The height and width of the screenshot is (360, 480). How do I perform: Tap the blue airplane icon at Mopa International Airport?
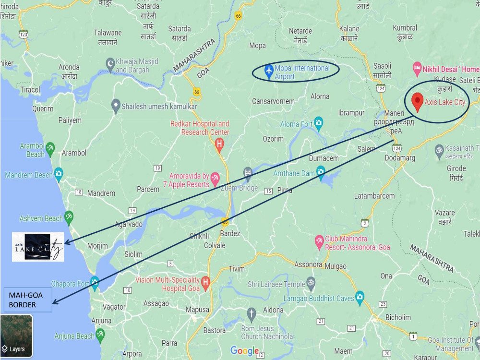pos(268,70)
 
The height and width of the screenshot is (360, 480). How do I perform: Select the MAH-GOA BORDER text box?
pos(28,300)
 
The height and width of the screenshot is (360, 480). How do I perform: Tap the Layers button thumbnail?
pos(16,336)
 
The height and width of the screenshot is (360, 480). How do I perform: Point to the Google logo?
pos(244,351)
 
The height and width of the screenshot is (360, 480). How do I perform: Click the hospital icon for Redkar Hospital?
pos(219,144)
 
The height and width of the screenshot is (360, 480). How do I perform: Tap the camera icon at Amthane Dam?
pos(320,171)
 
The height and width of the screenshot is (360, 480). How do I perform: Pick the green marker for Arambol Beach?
pos(50,147)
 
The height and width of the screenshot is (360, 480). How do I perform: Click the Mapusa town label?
pos(197,310)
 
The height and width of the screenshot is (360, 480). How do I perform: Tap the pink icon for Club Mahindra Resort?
pos(319,241)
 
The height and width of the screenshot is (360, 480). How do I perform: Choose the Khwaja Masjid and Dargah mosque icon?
pos(110,64)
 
